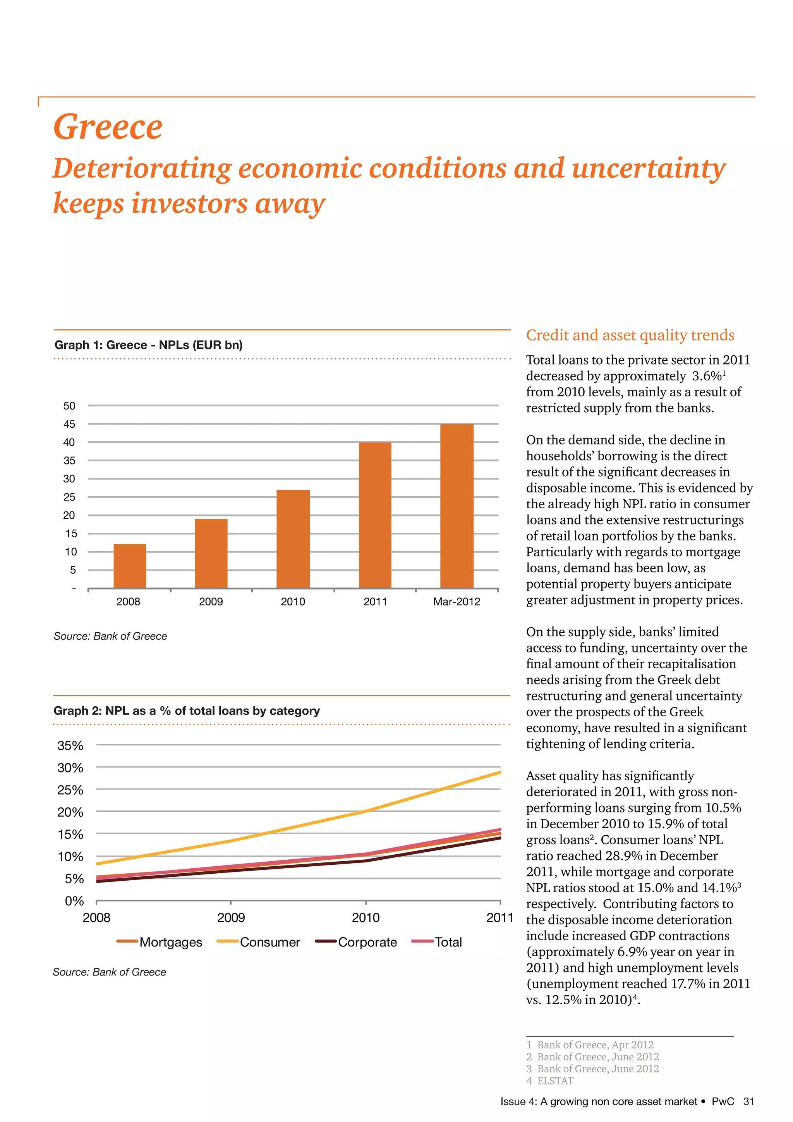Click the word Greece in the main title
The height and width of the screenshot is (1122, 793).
coord(108,127)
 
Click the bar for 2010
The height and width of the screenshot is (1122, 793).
coord(293,539)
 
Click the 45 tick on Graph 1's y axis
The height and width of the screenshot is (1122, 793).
coord(69,424)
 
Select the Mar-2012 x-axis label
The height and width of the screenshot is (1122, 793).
coord(457,602)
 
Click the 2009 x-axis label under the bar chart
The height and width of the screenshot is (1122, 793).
coord(211,602)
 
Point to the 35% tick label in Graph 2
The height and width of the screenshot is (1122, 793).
coord(70,746)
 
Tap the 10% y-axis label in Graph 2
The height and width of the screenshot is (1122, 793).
coord(70,857)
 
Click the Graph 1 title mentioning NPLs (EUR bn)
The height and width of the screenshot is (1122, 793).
coord(148,345)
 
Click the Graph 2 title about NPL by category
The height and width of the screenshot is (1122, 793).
coord(187,711)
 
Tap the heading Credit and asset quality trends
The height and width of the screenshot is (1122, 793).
coord(630,335)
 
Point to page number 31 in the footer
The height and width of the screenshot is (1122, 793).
coord(748,1101)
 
